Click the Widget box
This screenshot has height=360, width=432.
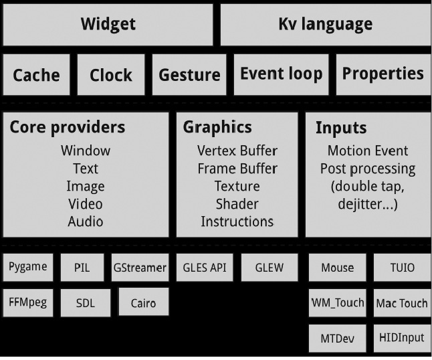click(x=108, y=25)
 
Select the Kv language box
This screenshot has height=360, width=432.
click(x=325, y=25)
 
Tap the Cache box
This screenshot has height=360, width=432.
click(x=36, y=75)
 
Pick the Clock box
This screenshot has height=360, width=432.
click(x=110, y=75)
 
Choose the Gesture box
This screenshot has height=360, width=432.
click(x=189, y=75)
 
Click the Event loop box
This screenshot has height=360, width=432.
click(x=281, y=74)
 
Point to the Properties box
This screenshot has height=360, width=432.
click(x=383, y=74)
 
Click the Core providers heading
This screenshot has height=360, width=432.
click(x=67, y=127)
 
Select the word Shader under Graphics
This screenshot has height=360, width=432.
click(x=237, y=203)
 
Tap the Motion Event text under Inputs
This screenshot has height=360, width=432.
click(x=367, y=151)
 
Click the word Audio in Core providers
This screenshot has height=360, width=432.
click(x=86, y=221)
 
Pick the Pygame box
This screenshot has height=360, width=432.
click(x=28, y=267)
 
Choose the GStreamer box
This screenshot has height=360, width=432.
click(x=139, y=268)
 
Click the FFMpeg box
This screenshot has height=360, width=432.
click(x=28, y=302)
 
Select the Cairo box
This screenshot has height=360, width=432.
click(x=143, y=302)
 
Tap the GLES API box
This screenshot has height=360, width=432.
click(x=204, y=268)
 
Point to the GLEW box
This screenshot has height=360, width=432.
click(x=269, y=268)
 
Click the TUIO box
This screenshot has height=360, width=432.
click(x=402, y=268)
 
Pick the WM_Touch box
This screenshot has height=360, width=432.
click(x=338, y=302)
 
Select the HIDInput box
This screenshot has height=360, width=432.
click(x=402, y=338)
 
